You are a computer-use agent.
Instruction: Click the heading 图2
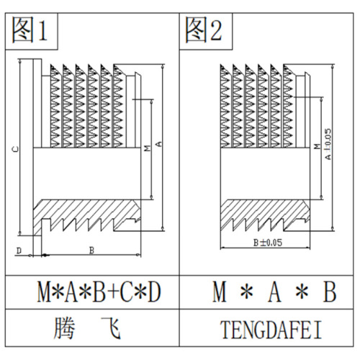point(204,30)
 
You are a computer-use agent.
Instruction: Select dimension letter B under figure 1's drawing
point(91,250)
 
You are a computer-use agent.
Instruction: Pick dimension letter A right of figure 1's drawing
point(158,144)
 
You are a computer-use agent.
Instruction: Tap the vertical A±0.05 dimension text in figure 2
point(328,144)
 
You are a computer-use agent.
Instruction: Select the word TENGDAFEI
point(271,330)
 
